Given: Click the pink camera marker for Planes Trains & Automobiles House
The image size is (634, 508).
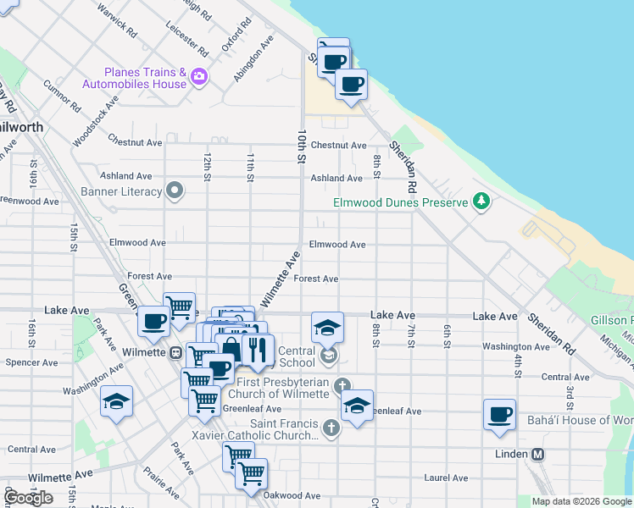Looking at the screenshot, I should [x=199, y=76].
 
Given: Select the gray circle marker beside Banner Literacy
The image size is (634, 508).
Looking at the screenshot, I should [x=175, y=190].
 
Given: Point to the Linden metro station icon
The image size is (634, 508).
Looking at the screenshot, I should [x=537, y=454].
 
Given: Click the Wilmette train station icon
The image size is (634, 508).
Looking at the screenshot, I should [x=175, y=352].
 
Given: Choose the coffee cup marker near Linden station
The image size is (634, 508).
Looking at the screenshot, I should [x=499, y=415].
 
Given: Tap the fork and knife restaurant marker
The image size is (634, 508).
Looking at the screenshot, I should [x=257, y=348].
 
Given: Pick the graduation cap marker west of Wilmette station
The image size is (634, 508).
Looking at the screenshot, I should [x=116, y=401].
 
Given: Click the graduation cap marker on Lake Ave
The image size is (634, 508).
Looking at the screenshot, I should [x=327, y=327].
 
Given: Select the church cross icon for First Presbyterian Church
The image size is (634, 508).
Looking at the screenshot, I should [x=342, y=386].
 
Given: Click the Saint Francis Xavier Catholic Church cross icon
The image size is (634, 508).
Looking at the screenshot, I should [x=331, y=428].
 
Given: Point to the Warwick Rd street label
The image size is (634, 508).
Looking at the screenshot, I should [x=117, y=23].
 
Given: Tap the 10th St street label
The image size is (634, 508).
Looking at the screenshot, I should [x=301, y=146].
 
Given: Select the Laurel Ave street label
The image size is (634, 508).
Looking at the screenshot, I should [x=447, y=478].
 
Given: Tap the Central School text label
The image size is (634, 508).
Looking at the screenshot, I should [x=297, y=356].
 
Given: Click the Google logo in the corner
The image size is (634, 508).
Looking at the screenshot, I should [x=27, y=498].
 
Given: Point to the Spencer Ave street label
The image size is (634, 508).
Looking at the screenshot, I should [x=32, y=362].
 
